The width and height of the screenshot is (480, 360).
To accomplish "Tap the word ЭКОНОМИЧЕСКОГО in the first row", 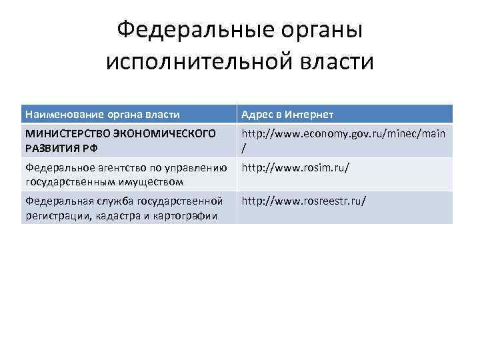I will coord(165,133).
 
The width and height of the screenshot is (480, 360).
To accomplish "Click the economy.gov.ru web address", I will coord(343,133).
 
